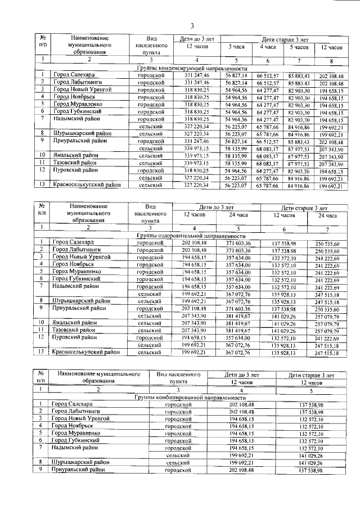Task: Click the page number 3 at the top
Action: [x=191, y=26]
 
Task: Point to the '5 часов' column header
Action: [x=299, y=47]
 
